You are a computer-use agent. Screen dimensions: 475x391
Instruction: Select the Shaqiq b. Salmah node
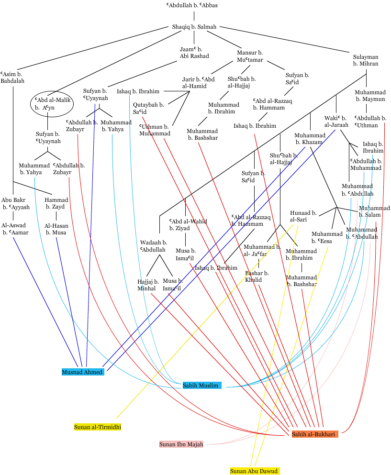coord(194,27)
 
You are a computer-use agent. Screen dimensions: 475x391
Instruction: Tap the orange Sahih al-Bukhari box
coord(314,434)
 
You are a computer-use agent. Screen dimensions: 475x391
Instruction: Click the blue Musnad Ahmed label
coord(82,372)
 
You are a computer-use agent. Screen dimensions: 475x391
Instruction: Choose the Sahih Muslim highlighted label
coord(201,385)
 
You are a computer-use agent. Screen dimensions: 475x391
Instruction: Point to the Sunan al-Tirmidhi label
coord(98,426)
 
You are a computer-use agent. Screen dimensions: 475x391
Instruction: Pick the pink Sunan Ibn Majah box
coord(181,444)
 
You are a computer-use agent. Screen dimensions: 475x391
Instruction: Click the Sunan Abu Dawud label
coord(254,471)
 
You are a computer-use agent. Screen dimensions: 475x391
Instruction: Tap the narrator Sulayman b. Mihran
coord(366,60)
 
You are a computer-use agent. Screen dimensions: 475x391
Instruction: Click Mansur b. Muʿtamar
coord(250,56)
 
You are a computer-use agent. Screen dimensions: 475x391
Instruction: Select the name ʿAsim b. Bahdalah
coord(14,77)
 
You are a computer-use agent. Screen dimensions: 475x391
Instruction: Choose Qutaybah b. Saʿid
coord(148,108)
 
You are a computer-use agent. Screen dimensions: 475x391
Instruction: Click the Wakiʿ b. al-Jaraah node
coord(336,121)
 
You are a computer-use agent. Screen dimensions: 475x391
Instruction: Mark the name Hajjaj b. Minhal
coord(148,285)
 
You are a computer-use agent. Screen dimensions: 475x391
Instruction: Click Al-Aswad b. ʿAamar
coord(15,229)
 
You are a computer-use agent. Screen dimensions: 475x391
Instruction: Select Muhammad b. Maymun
coord(370,96)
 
